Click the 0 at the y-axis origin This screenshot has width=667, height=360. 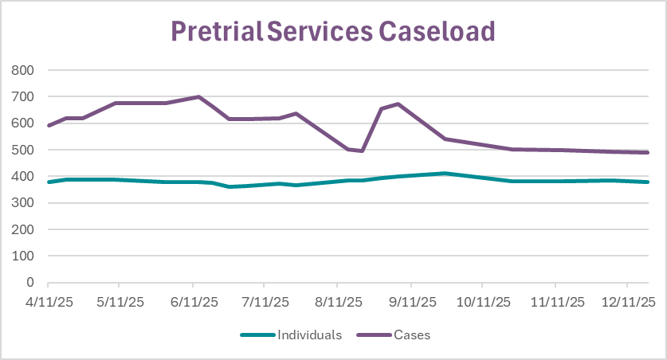coord(31,283)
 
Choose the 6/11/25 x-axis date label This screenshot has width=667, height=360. coord(194,303)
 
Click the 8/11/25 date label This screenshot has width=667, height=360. coord(339,303)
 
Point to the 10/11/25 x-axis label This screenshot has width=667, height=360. coord(483,303)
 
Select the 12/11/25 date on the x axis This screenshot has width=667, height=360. coord(628,303)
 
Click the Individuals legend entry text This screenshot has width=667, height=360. coord(309,335)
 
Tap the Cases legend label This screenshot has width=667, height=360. coord(411,335)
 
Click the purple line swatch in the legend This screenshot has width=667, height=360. coord(373,335)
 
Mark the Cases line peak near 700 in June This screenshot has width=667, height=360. coord(198,97)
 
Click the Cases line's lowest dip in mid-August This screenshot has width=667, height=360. coord(362,151)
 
